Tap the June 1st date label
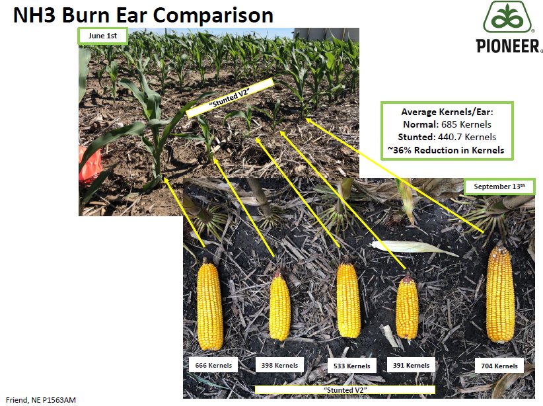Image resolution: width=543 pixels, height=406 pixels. coord(102,36)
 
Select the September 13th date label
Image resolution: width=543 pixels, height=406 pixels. coord(499,187)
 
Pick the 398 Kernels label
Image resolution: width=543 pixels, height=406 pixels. coord(279,365)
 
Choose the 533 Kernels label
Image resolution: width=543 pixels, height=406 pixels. coord(349,366)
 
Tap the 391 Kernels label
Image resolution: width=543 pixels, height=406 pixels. coord(410,365)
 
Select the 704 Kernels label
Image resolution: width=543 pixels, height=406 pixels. coord(497,366)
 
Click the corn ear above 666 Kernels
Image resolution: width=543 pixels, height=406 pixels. coord(210,305)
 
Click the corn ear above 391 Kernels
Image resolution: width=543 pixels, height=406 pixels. coord(407,307)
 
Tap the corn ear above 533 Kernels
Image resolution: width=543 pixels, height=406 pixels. coord(349,301)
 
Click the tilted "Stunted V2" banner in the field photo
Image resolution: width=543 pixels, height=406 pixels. coord(230,97)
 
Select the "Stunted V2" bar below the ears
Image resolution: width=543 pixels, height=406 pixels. coord(345,390)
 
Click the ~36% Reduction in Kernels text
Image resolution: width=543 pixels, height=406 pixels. coord(447,150)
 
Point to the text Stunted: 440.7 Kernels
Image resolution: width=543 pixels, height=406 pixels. coord(447,138)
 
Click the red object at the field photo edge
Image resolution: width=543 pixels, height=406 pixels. coord(89,165)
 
